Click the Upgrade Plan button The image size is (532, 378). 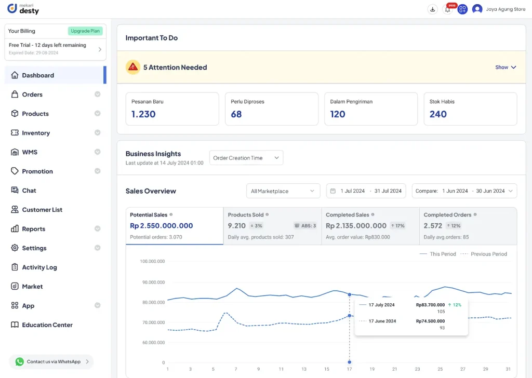point(85,31)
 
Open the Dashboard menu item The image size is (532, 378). point(38,75)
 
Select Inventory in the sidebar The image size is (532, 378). point(36,133)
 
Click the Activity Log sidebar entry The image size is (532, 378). point(39,267)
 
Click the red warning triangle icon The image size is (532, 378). point(133,67)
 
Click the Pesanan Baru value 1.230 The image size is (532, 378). point(143,114)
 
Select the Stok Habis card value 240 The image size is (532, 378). point(438,114)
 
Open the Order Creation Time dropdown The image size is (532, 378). point(246,158)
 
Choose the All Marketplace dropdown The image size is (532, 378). point(283,191)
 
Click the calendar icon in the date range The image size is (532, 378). point(332,191)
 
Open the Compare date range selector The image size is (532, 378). point(464,191)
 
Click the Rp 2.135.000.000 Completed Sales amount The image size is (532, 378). point(356,226)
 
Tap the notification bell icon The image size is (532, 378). point(447,9)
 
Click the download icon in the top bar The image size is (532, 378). point(432,9)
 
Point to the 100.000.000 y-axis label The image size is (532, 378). point(152,261)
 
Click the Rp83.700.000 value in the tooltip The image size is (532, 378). point(430,305)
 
